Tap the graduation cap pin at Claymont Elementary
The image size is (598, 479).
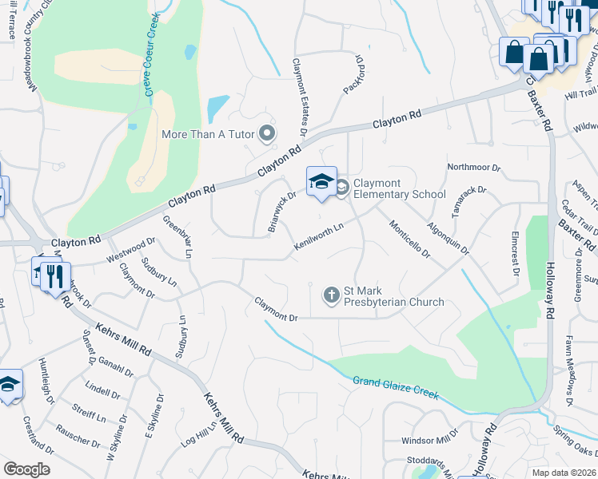click(x=321, y=181)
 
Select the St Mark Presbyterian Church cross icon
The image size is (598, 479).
click(x=331, y=296)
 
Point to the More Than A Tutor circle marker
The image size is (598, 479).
click(x=267, y=133)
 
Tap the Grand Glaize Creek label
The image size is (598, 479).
click(x=396, y=386)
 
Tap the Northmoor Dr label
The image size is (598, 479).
click(x=473, y=168)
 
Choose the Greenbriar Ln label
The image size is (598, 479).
click(x=177, y=236)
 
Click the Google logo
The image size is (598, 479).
click(x=26, y=469)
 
